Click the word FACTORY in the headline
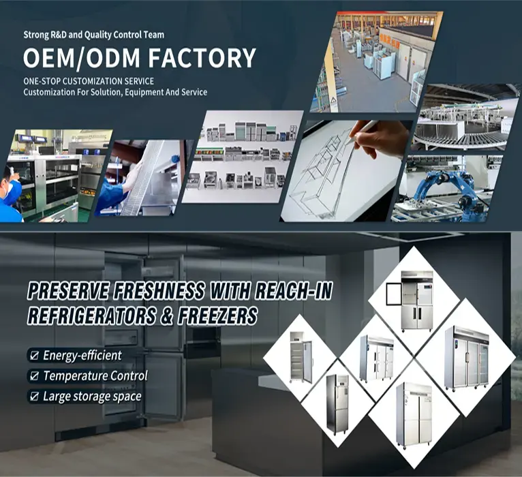coord(198,58)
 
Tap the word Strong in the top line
coord(36,34)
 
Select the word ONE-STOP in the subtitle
coord(42,82)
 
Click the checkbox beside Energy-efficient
coord(33,355)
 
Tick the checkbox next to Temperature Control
coord(33,375)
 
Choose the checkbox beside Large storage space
coord(33,396)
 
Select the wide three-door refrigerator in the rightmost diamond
coord(466,358)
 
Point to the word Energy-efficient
coord(82,355)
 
